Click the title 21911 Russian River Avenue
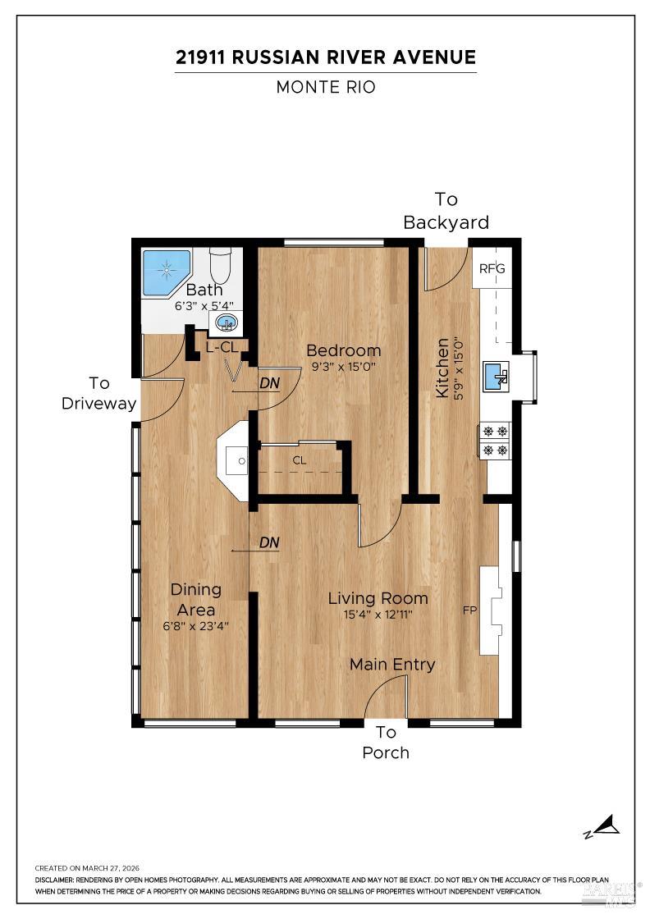(325, 57)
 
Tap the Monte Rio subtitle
(325, 87)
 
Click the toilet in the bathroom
(220, 265)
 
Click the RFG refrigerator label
(492, 268)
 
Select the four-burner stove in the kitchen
(495, 439)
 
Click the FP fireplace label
(469, 610)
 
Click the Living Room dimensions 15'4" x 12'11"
(378, 614)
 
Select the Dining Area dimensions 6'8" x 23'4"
(195, 625)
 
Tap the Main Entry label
(392, 665)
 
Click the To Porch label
(386, 743)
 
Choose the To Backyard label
(446, 211)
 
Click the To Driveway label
(98, 393)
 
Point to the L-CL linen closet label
(221, 347)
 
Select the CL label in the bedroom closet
(300, 460)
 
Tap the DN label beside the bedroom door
(269, 382)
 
